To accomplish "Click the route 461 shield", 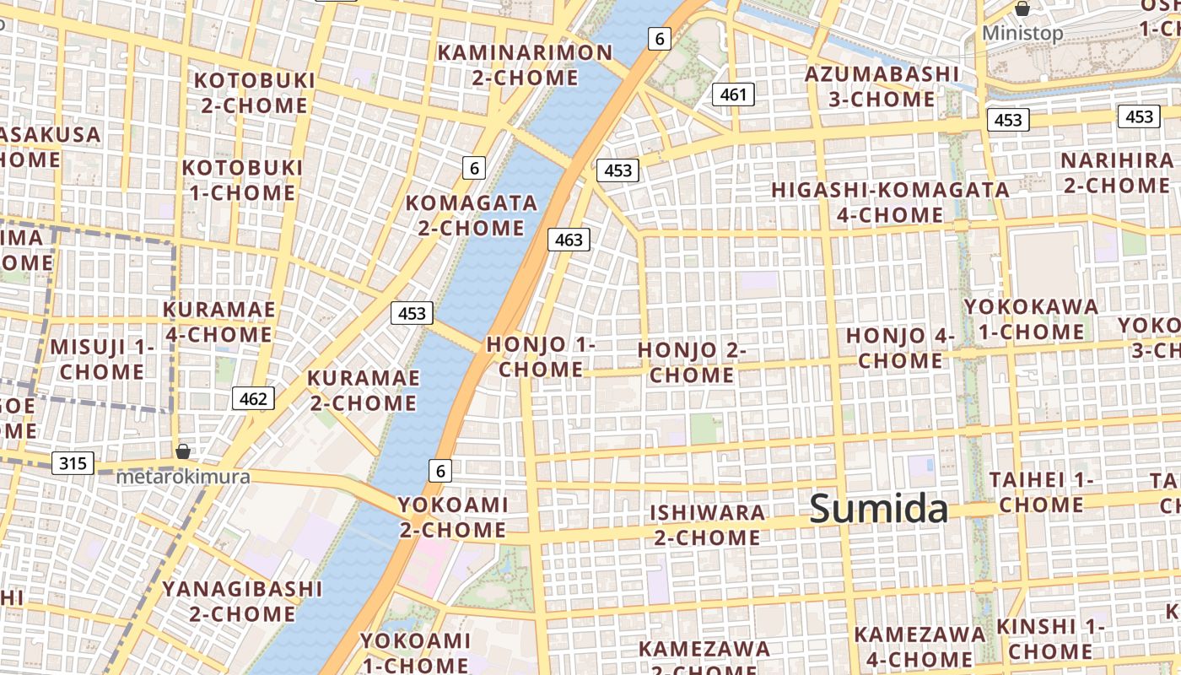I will click(x=733, y=94).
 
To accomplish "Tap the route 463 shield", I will click(x=569, y=240).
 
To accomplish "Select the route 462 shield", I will click(x=253, y=398).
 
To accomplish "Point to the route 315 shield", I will click(x=73, y=463).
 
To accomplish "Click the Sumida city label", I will click(x=879, y=510).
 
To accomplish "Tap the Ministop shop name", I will click(x=1022, y=33).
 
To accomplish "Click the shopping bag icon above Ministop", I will click(x=1022, y=9).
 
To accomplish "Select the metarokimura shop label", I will click(x=183, y=477).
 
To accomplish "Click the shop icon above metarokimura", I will click(x=183, y=451).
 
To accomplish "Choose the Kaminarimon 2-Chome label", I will click(x=525, y=65).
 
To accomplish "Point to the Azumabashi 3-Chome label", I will click(x=882, y=86).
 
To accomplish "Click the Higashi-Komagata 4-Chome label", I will click(x=890, y=202).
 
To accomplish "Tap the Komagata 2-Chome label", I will click(x=472, y=215).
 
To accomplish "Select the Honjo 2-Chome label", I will click(x=692, y=362).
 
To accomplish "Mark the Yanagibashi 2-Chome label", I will click(x=242, y=601).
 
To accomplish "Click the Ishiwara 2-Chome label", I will click(x=708, y=525).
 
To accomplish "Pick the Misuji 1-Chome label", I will click(x=102, y=359).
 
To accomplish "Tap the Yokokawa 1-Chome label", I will click(x=1031, y=318).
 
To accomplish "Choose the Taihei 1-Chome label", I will click(x=1041, y=492).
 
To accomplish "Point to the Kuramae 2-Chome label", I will click(x=363, y=390).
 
